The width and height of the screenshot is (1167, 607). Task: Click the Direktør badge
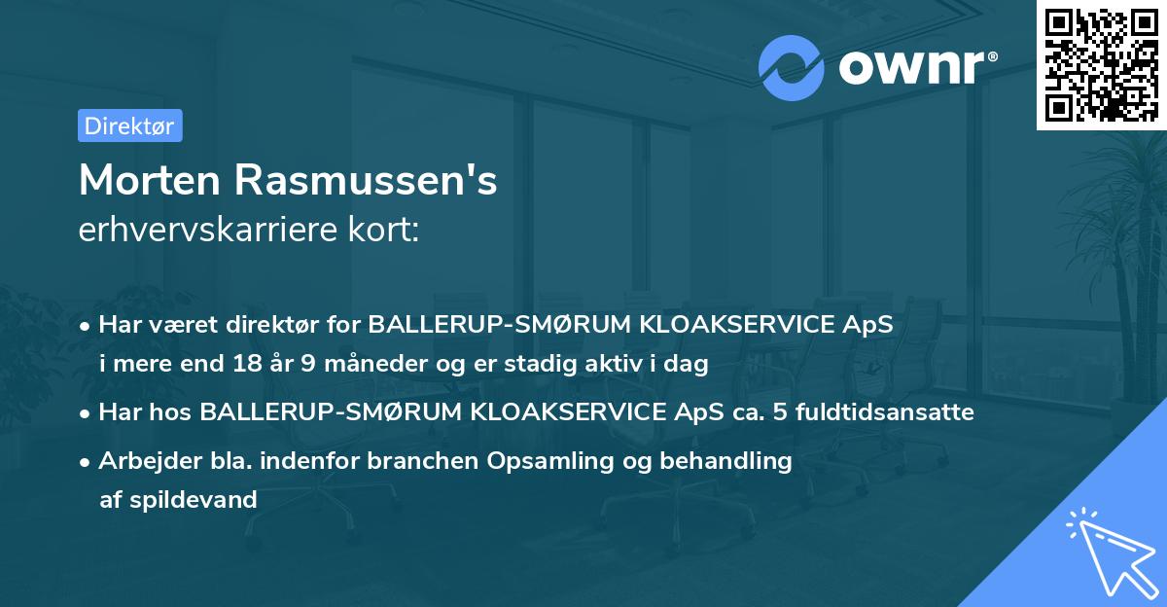pyautogui.click(x=129, y=125)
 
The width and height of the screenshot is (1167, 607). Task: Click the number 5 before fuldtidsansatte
pyautogui.click(x=778, y=412)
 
